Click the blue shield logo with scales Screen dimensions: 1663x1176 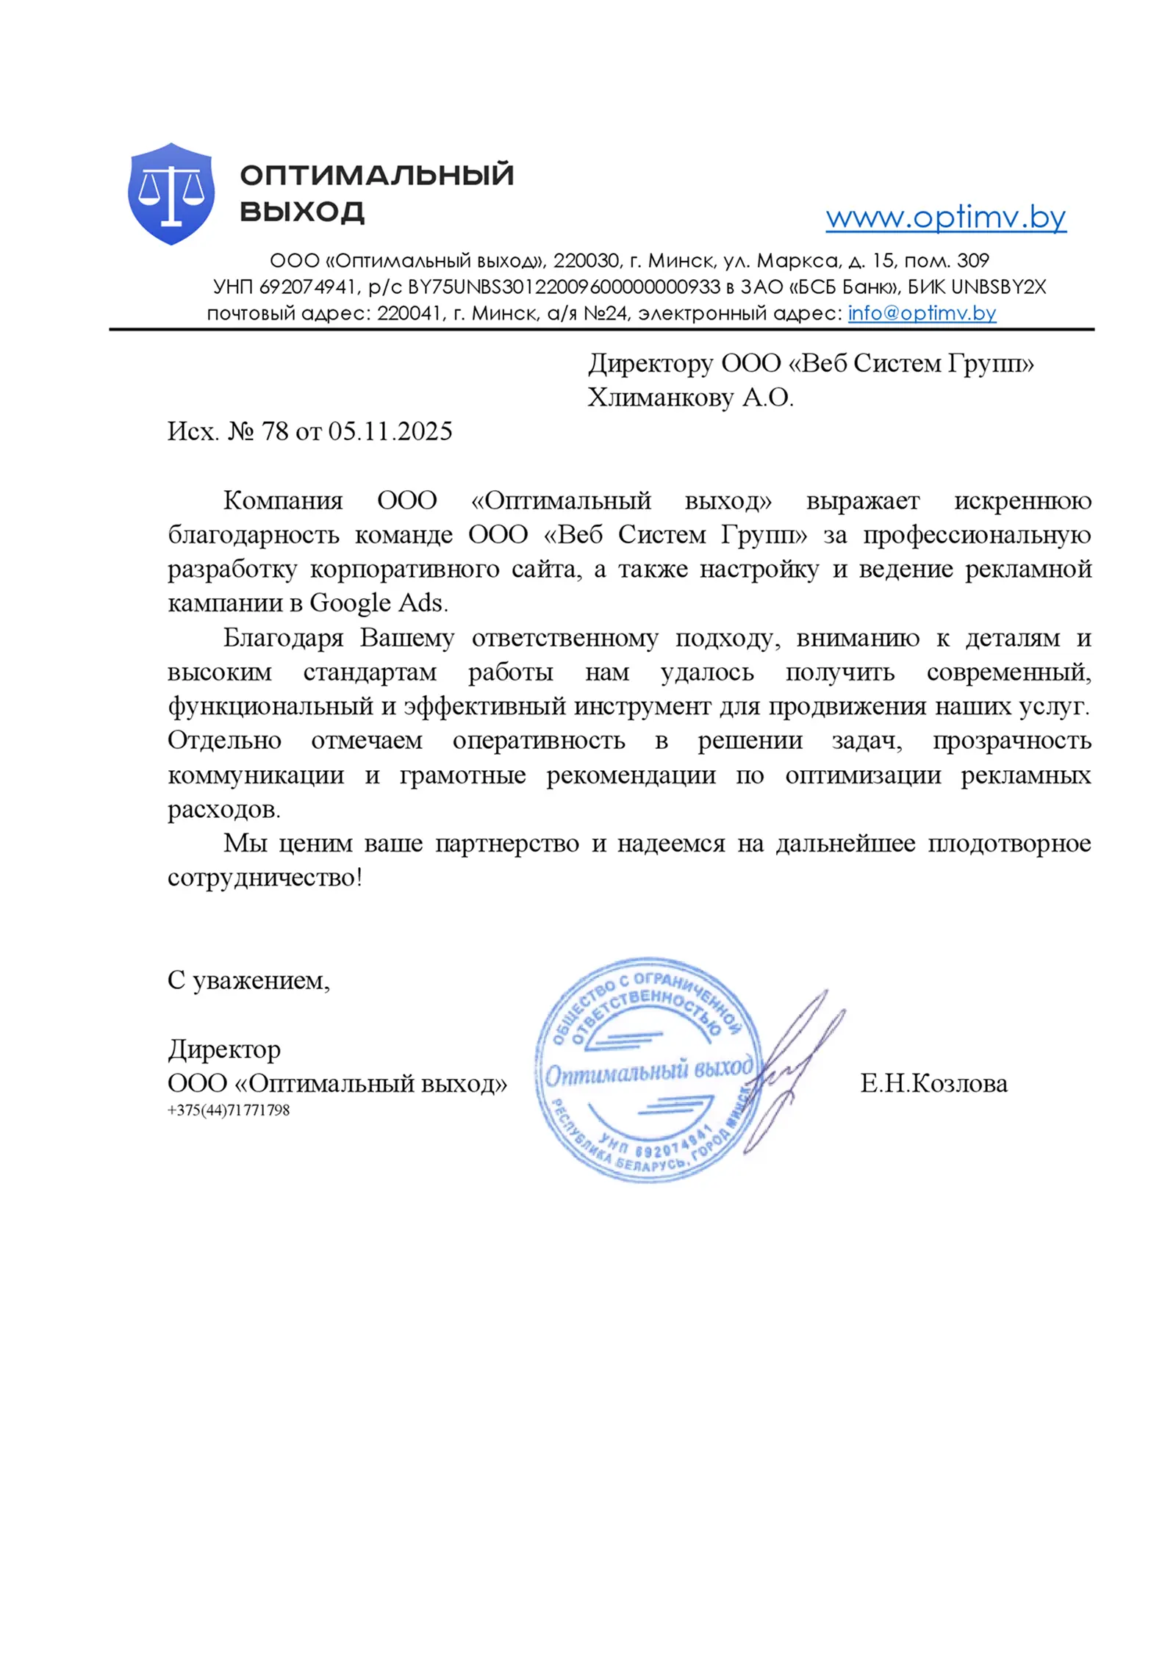tap(171, 193)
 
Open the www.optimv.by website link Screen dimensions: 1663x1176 tap(945, 218)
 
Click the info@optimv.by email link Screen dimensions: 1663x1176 tap(922, 313)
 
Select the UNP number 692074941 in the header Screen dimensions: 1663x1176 tap(308, 287)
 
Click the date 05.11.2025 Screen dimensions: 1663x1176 tap(390, 431)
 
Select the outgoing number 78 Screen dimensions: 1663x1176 tap(275, 431)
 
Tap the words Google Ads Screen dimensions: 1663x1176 tap(378, 603)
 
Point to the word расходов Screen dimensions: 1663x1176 tap(223, 810)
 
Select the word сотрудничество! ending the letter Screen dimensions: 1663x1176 tap(265, 877)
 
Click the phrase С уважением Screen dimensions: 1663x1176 tap(248, 980)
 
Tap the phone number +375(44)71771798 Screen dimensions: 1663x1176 tap(229, 1110)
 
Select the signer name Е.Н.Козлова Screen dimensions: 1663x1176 tap(933, 1084)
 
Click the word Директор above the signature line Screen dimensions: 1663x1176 tap(224, 1049)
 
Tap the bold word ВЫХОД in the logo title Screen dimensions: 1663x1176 tap(302, 212)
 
